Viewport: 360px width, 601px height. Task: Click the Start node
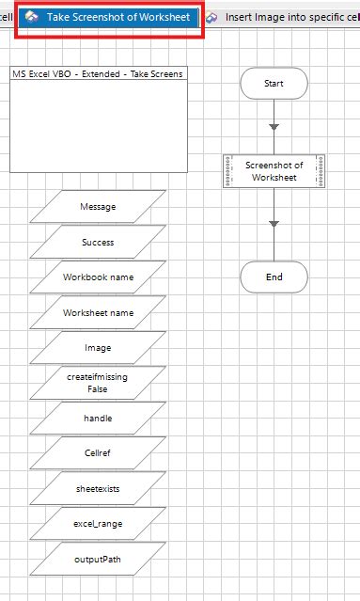(x=274, y=84)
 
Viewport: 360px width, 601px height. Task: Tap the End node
(x=274, y=277)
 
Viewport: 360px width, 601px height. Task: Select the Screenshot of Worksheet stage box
(x=274, y=170)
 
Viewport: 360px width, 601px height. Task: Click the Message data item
(x=98, y=207)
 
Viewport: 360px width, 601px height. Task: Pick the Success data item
(x=98, y=242)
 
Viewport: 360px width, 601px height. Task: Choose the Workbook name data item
(x=98, y=277)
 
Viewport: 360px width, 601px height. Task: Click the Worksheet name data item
(x=98, y=312)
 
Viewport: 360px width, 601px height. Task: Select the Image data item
(x=98, y=348)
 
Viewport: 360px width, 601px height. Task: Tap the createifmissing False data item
(x=98, y=383)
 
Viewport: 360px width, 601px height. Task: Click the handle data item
(x=98, y=418)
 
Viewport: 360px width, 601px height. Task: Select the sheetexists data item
(x=98, y=488)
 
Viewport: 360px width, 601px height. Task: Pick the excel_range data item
(x=98, y=523)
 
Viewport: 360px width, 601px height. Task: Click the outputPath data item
(x=98, y=559)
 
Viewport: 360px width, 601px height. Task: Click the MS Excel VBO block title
(x=97, y=73)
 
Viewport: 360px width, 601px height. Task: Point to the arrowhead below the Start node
(x=274, y=126)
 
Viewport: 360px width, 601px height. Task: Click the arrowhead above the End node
(x=274, y=223)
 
